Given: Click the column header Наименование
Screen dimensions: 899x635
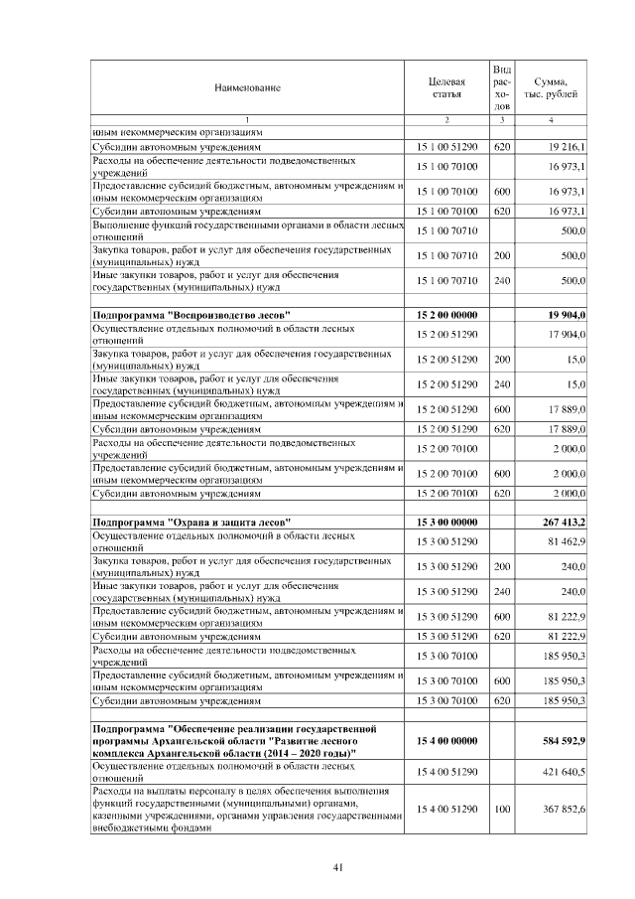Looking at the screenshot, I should click(247, 87).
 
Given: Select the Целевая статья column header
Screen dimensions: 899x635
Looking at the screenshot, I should click(446, 87).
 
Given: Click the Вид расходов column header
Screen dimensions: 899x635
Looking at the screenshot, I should click(502, 86).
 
